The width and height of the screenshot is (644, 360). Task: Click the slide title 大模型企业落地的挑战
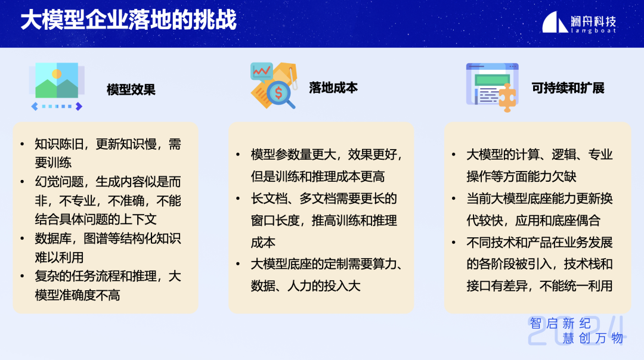pos(129,20)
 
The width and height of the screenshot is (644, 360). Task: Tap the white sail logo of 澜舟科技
pos(555,22)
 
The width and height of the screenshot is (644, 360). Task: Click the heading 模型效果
pos(131,89)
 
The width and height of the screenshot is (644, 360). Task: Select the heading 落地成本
pos(333,88)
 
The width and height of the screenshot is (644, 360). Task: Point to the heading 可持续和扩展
pos(568,88)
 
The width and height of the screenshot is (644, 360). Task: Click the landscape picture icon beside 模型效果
pos(57,80)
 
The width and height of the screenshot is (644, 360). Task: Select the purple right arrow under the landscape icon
pos(79,106)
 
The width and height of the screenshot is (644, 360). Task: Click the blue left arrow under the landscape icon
pos(35,106)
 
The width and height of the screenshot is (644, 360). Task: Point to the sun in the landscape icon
pos(57,74)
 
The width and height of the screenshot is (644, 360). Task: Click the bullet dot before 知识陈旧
pos(22,144)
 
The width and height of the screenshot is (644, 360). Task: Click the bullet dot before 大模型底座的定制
pos(238,265)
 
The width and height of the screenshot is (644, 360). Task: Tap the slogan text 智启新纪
pos(560,324)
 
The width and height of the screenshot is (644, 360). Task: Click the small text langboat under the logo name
pos(593,30)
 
